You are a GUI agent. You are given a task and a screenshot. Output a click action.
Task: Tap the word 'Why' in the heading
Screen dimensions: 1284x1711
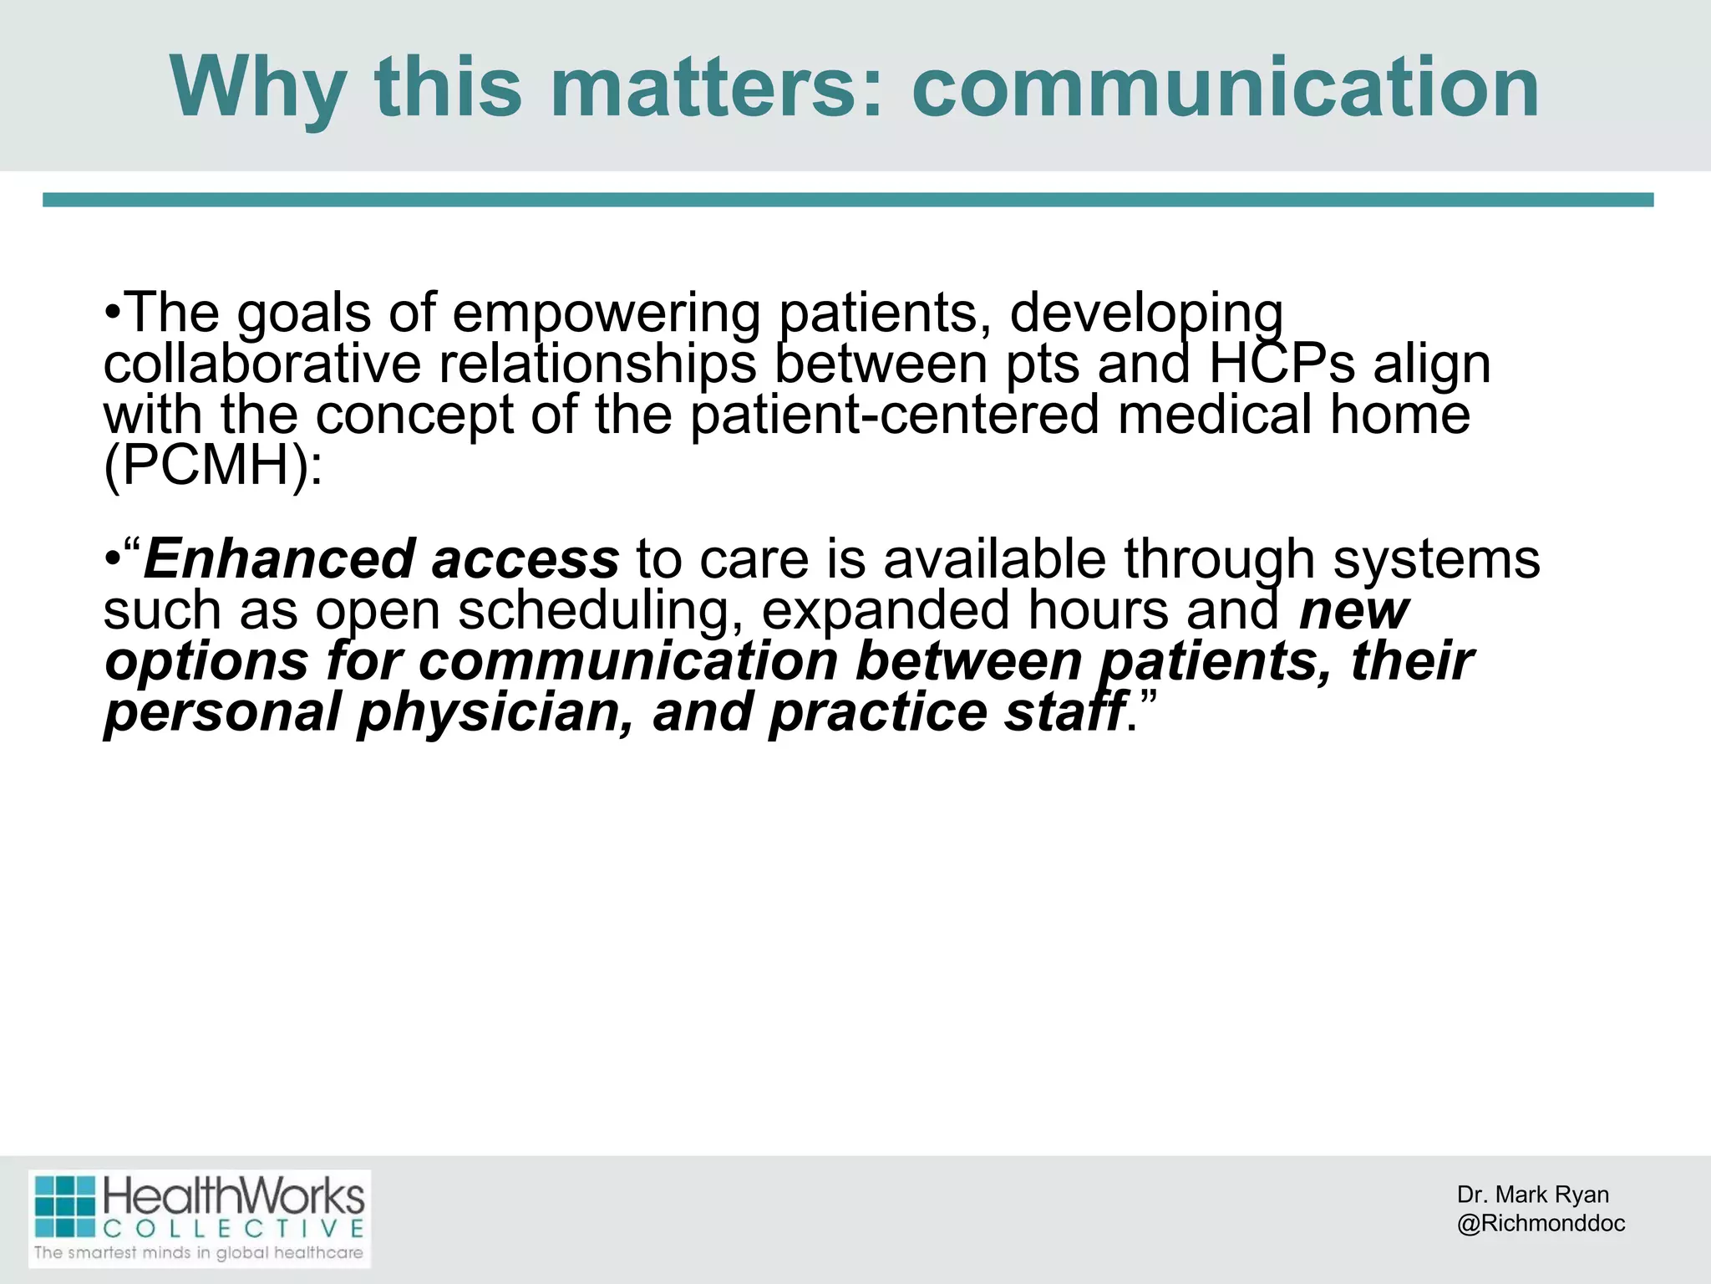tap(258, 88)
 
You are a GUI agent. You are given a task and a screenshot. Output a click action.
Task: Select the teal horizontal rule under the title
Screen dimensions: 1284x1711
tap(848, 200)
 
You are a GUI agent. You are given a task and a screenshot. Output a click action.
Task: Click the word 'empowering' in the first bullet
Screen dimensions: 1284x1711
tap(607, 313)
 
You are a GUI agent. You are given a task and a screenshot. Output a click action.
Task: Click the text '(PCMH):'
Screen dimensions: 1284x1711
tap(212, 465)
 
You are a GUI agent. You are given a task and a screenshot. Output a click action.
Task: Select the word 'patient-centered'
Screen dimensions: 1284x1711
tap(894, 415)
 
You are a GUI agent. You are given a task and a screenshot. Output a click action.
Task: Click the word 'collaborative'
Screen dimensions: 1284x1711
tap(261, 364)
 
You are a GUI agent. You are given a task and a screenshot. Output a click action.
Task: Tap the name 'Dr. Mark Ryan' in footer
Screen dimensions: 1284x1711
tap(1532, 1195)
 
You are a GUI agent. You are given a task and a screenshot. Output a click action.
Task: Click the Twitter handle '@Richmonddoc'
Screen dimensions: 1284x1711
tap(1541, 1223)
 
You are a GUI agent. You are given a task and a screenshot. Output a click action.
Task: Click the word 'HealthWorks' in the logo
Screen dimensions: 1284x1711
tap(234, 1198)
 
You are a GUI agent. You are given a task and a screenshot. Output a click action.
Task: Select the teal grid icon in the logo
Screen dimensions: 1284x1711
tap(65, 1207)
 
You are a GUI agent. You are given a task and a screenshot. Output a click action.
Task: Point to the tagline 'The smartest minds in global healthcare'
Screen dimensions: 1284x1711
tap(199, 1252)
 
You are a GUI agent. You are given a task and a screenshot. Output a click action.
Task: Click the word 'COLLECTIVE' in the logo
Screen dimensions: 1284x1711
tap(234, 1229)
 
